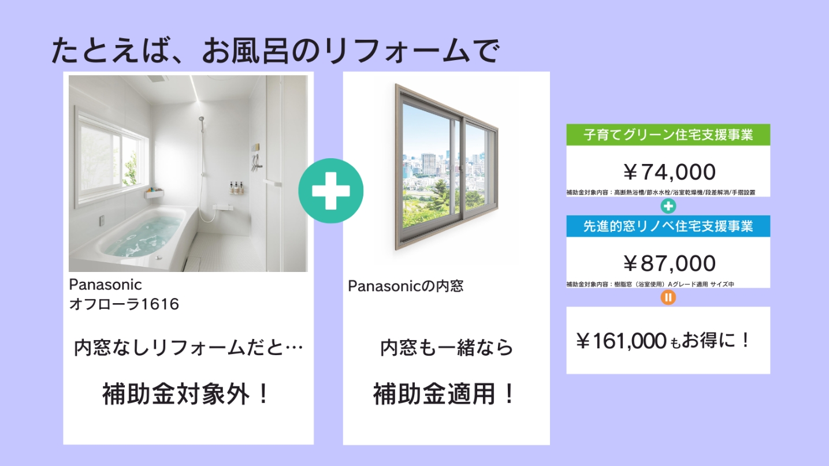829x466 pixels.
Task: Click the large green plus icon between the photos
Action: [330, 191]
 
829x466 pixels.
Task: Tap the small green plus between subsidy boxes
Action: [668, 206]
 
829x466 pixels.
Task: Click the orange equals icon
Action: [668, 297]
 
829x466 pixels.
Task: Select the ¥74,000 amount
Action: [669, 172]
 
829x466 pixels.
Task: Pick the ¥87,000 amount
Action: [669, 263]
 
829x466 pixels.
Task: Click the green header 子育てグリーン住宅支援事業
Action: [668, 135]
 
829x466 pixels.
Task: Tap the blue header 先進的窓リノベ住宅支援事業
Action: [668, 226]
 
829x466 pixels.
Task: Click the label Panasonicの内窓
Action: [406, 286]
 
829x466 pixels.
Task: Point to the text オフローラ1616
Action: [124, 304]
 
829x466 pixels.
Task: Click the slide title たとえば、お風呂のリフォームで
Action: [276, 51]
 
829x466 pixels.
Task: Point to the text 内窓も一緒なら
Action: [447, 348]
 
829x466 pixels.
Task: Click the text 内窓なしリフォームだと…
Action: [188, 348]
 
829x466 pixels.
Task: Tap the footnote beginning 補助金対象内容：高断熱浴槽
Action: [661, 193]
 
